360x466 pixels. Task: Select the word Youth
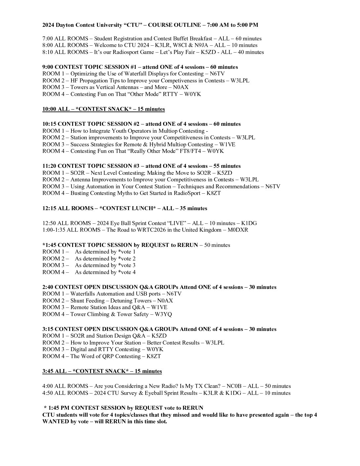click(122, 131)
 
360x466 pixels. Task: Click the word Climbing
click(98, 314)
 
